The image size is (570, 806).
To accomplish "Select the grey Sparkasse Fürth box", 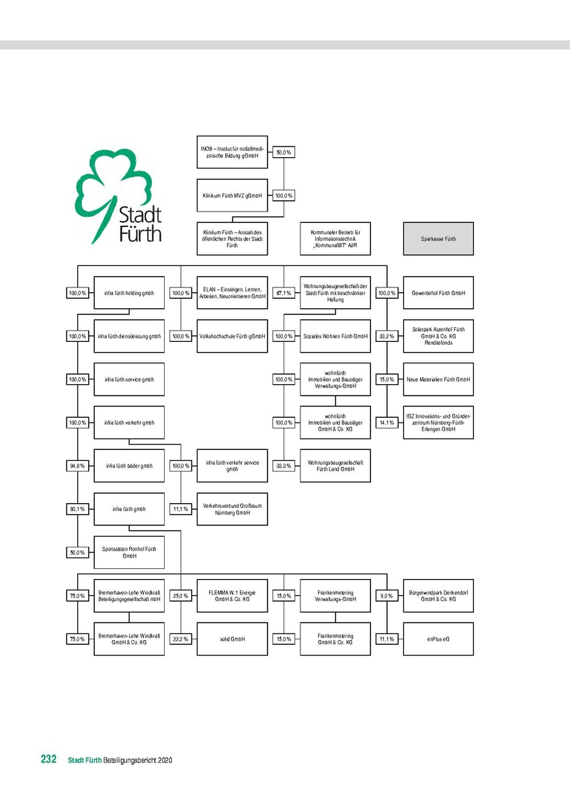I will tap(438, 238).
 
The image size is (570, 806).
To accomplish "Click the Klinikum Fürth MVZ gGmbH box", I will tap(232, 195).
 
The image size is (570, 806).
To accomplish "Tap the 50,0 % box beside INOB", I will tap(284, 152).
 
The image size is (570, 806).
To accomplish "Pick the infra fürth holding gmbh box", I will tap(129, 293).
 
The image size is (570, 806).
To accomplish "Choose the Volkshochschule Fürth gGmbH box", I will tap(232, 336).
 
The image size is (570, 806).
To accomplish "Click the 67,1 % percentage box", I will tap(284, 293).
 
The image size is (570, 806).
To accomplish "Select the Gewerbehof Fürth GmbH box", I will tap(438, 293).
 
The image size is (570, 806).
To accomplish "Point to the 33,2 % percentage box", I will tap(386, 336).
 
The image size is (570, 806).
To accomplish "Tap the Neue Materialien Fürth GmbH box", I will tap(438, 379).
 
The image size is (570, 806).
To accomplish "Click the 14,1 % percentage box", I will tap(386, 422).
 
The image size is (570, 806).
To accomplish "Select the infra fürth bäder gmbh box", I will tap(129, 465).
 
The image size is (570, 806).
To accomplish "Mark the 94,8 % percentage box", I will tap(77, 465).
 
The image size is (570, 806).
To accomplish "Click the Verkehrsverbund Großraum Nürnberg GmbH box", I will tap(232, 509).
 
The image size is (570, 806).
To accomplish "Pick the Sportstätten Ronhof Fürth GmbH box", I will tap(129, 552).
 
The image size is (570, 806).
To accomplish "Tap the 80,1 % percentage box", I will tap(77, 509).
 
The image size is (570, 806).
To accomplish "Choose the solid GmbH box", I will tap(232, 639).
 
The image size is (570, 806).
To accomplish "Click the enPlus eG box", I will tap(438, 639).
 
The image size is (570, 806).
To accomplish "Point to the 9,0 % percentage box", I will tap(386, 596).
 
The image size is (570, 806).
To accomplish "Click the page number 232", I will tap(48, 760).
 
